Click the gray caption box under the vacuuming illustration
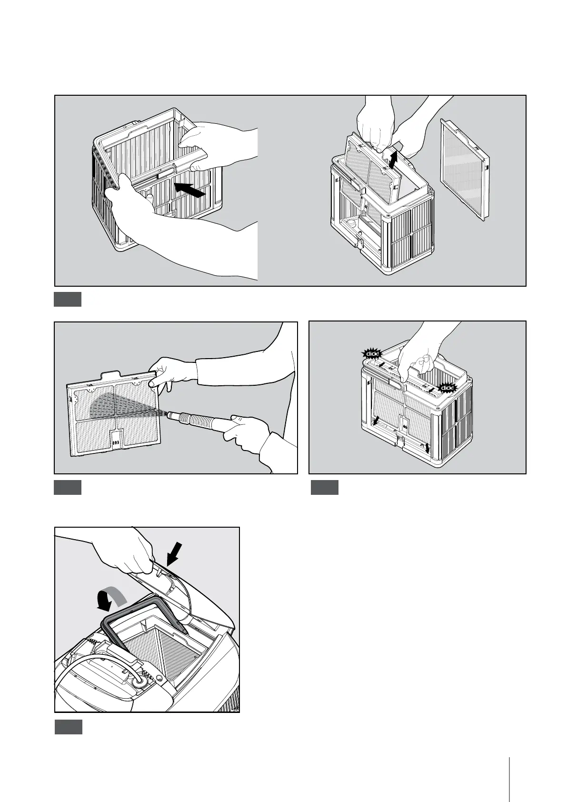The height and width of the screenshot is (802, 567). tap(68, 488)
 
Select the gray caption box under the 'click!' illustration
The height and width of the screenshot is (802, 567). tap(325, 488)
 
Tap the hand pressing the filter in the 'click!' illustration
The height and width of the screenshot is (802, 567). tap(419, 362)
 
